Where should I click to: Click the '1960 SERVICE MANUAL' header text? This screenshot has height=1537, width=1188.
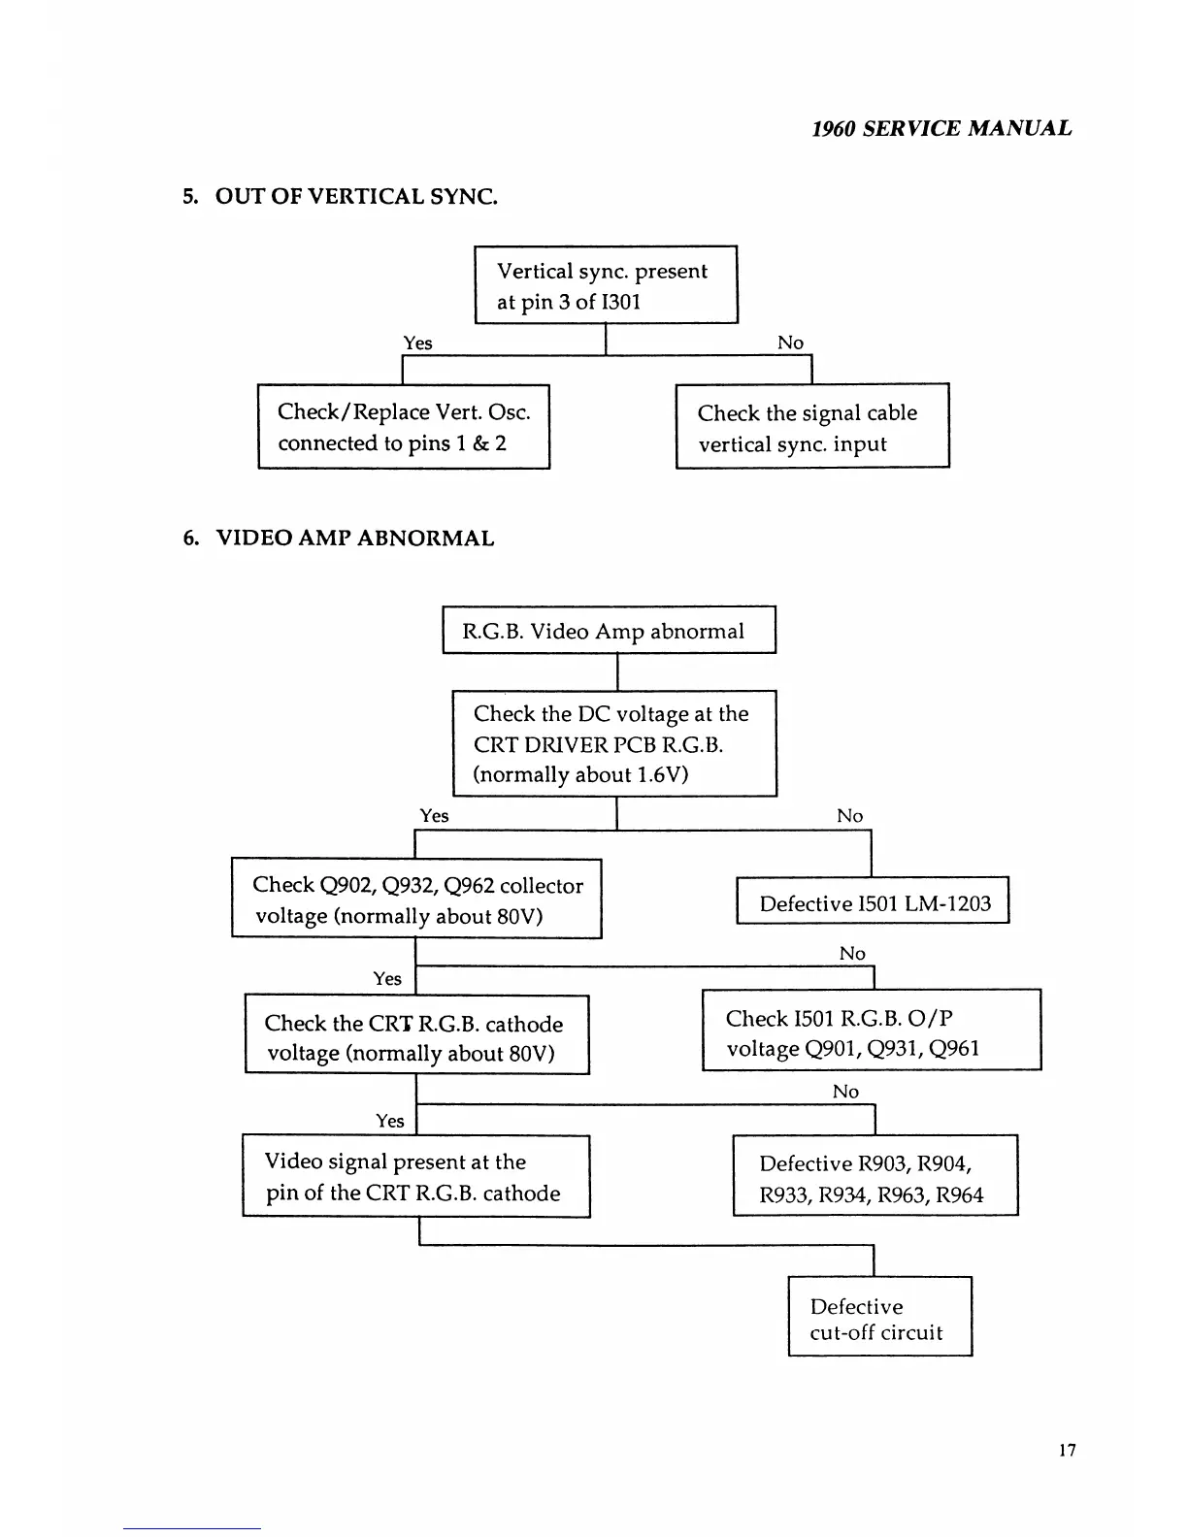tap(941, 128)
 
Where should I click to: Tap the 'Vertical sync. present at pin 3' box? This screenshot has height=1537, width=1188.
tap(606, 285)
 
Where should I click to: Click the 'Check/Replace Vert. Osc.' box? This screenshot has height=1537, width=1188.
tap(404, 427)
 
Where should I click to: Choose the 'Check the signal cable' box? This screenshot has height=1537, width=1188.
tap(812, 427)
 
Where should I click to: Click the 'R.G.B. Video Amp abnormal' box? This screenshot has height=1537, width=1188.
tap(609, 631)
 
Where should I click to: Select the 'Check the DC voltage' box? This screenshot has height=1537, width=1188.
tap(614, 743)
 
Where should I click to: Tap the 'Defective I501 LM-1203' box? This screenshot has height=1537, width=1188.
tap(873, 902)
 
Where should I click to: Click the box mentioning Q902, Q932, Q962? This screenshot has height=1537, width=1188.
tap(416, 899)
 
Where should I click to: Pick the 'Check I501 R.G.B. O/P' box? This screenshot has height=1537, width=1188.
tap(871, 1031)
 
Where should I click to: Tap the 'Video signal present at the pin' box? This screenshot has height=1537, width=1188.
tap(416, 1176)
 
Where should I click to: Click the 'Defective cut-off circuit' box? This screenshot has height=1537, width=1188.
tap(879, 1318)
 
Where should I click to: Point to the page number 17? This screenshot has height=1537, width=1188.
tap(1067, 1451)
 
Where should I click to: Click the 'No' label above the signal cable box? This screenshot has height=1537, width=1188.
tap(790, 343)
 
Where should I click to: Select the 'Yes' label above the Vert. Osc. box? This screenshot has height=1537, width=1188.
tap(417, 343)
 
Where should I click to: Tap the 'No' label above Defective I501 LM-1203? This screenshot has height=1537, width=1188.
tap(849, 816)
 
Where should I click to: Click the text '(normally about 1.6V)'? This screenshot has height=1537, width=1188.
tap(580, 774)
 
